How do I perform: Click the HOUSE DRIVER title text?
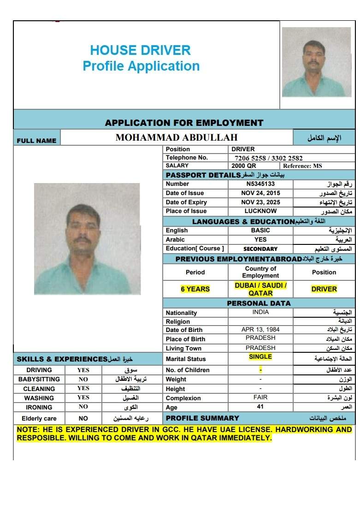point(140,50)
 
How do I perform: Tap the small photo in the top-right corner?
point(316,62)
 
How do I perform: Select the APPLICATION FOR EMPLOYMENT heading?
point(184,123)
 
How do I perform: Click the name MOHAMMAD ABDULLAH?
point(177,137)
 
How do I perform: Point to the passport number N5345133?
point(260,184)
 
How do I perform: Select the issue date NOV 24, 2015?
point(260,193)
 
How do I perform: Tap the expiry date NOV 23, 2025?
point(260,202)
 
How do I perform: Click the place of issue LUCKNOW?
point(260,211)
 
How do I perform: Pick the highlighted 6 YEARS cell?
point(195,289)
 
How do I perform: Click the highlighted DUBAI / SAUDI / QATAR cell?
point(260,289)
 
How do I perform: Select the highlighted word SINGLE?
point(260,357)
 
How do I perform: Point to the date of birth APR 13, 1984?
point(260,330)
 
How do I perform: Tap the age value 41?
point(260,407)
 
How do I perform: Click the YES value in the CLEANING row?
point(83,388)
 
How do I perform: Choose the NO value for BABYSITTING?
point(83,379)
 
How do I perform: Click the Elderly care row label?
point(39,418)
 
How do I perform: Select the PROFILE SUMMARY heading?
point(202,418)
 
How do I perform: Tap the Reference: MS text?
point(302,166)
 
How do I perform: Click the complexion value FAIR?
point(260,397)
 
